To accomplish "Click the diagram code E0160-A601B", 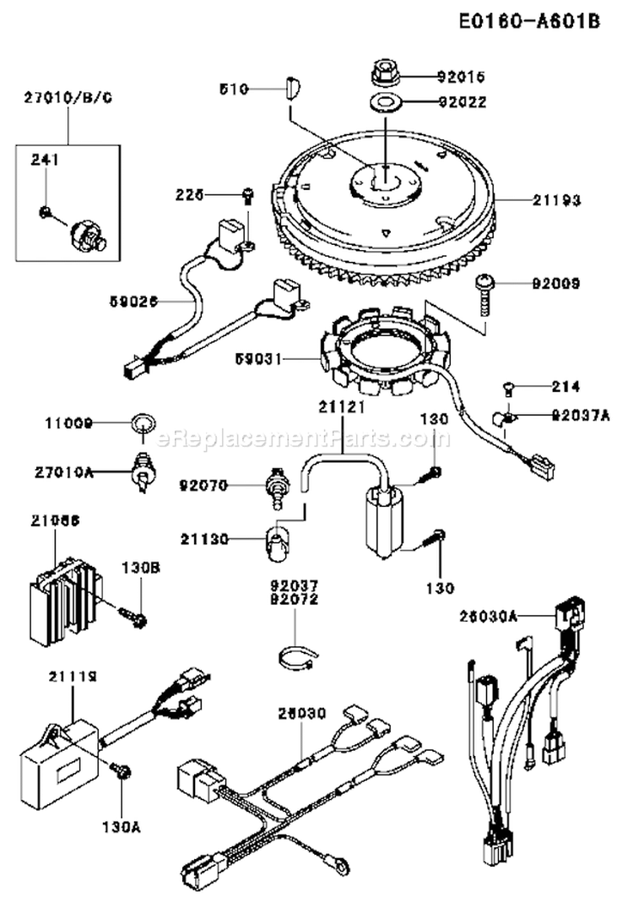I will (530, 21).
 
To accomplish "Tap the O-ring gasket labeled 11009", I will (143, 422).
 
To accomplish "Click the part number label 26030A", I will (490, 617).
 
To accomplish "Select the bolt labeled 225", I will (247, 195).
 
